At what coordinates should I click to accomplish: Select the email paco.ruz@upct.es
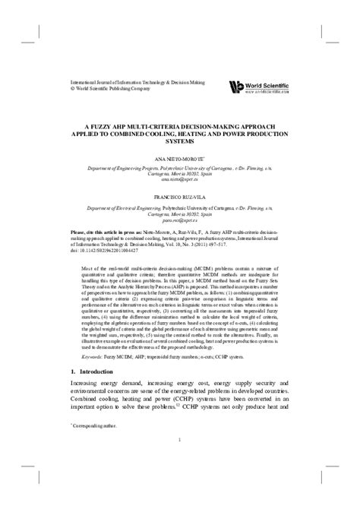[179, 217]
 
